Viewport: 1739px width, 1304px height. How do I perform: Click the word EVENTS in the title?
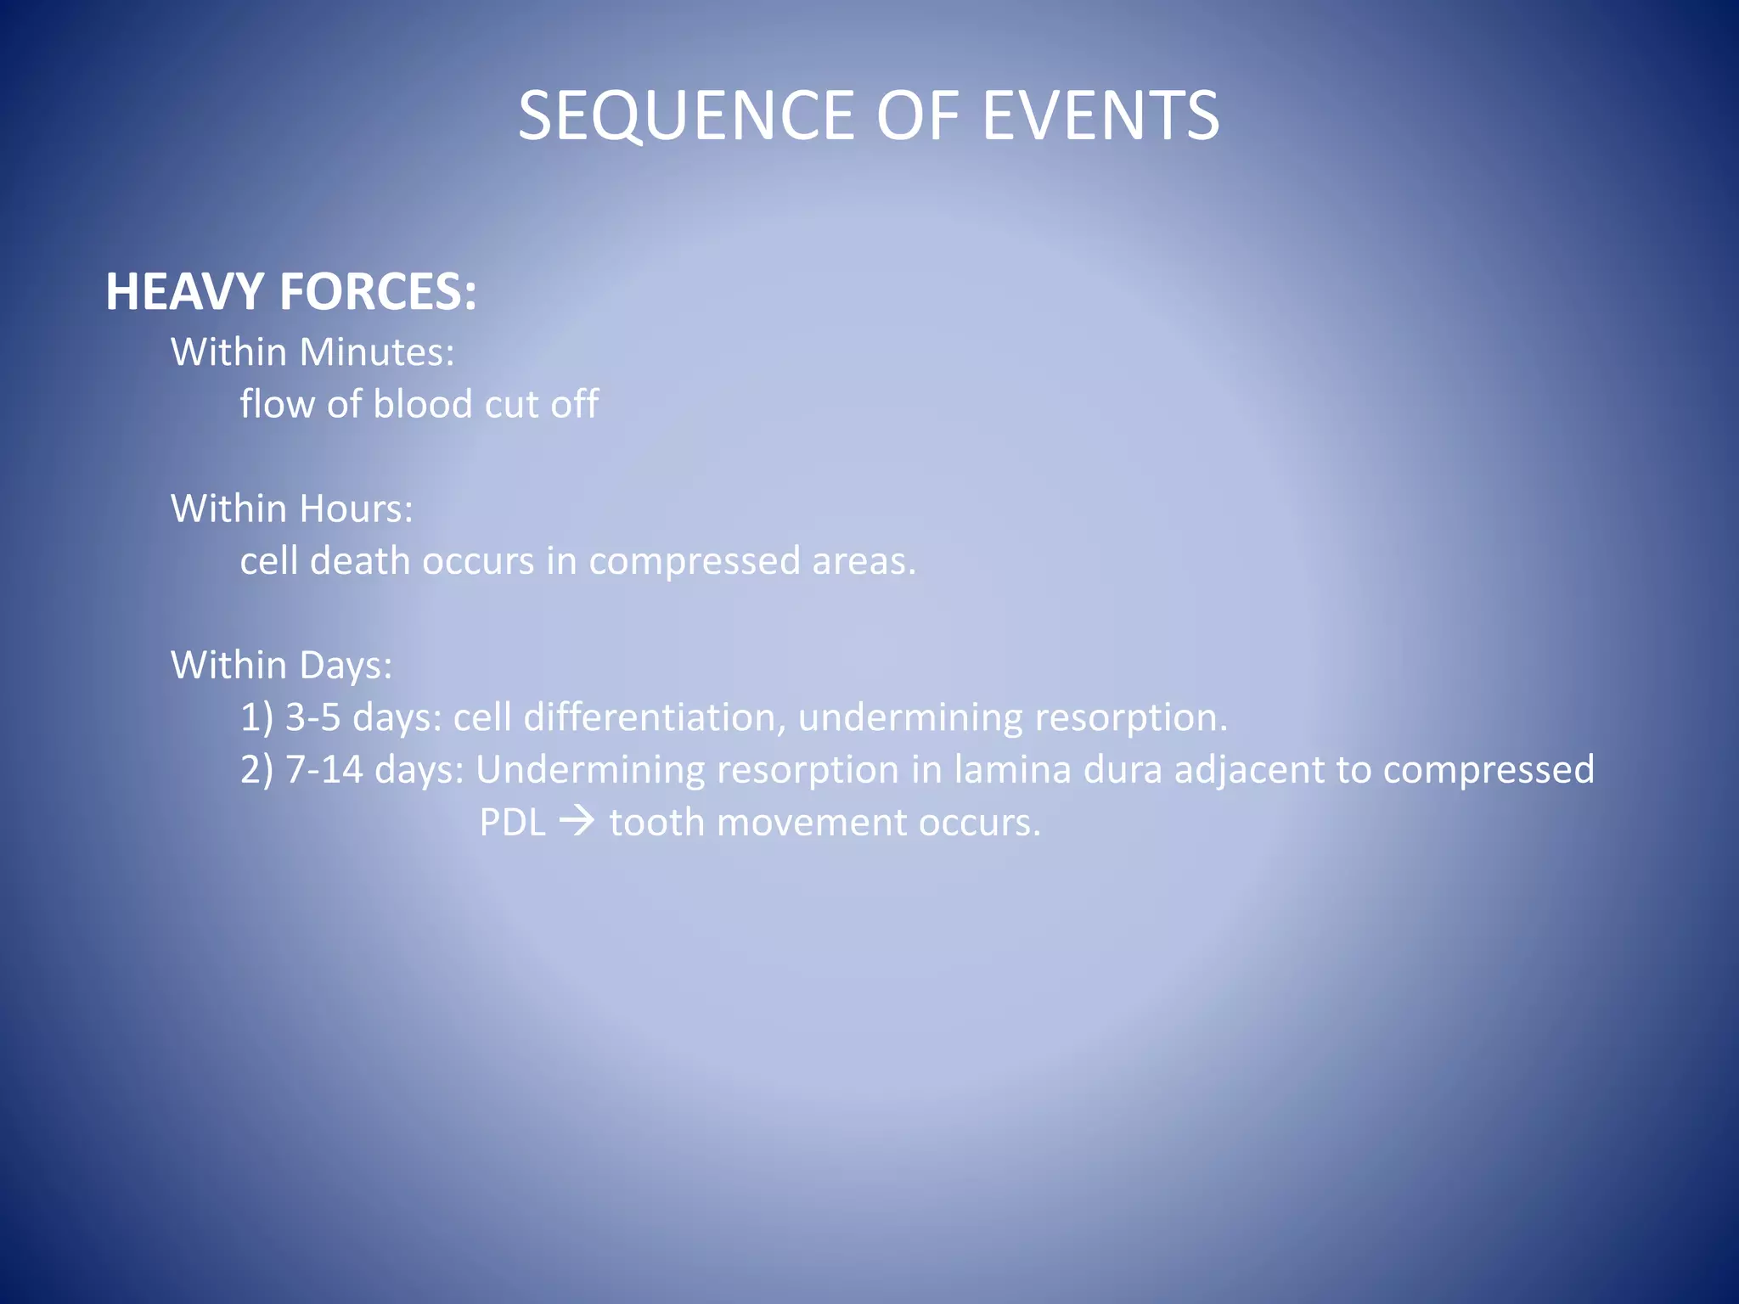(1100, 116)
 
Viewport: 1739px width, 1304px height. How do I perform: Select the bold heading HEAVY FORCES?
(291, 292)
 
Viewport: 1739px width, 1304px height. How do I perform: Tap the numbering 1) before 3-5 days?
(256, 718)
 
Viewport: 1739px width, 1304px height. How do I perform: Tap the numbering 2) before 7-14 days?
(256, 770)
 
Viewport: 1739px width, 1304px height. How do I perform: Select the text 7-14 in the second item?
(324, 770)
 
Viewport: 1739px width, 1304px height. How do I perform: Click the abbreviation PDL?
(512, 823)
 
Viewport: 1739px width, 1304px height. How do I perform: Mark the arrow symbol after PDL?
(577, 823)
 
